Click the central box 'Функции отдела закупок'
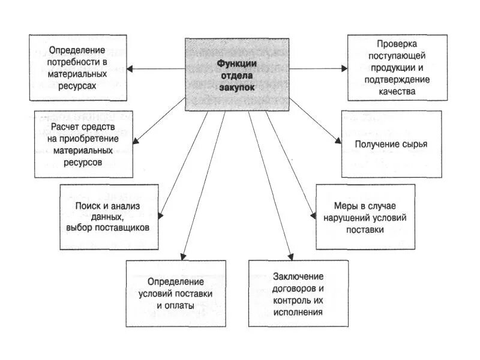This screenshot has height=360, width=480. coord(236,74)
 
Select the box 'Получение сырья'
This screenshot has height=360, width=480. coord(391,144)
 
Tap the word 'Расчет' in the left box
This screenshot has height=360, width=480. coord(66,127)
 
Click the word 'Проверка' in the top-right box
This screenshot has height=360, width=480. coord(397,44)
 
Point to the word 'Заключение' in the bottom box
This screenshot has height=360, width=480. coord(298,276)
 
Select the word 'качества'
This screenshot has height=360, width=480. coord(397,91)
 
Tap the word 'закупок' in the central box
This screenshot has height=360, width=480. coord(236,87)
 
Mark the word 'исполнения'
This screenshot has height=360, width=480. coord(298,312)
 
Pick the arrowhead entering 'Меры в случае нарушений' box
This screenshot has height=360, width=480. coord(313,217)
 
